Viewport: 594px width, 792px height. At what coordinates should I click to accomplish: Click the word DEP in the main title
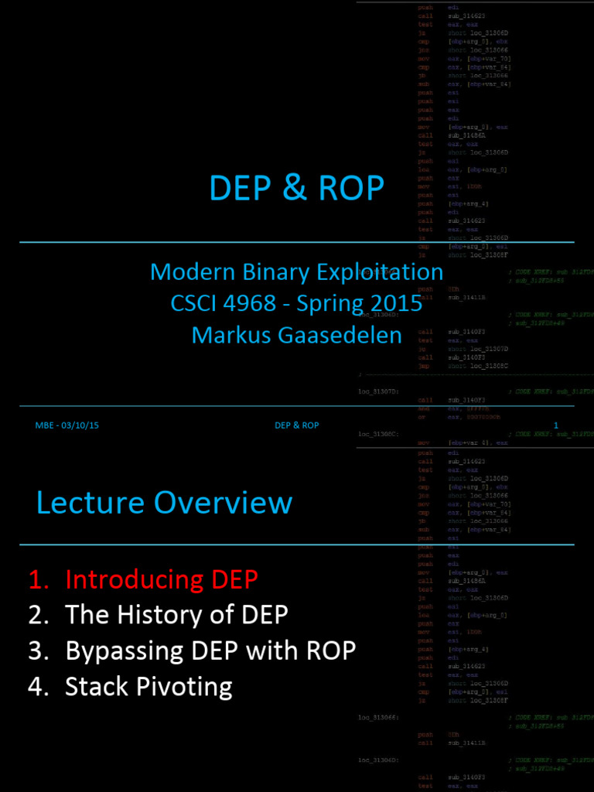239,188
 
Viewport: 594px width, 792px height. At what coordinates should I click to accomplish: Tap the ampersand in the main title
295,188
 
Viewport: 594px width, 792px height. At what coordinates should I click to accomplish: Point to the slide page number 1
555,425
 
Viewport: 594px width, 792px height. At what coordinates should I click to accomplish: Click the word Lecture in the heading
90,503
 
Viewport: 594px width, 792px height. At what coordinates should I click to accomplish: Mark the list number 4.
36,687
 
